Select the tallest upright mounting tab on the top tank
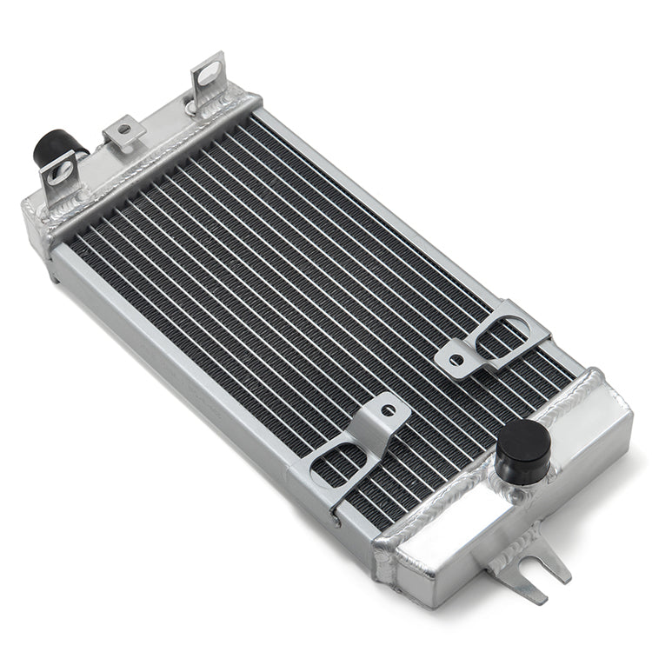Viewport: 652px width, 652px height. click(x=209, y=82)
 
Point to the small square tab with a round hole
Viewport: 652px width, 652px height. click(x=124, y=132)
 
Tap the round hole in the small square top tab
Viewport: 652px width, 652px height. click(x=124, y=130)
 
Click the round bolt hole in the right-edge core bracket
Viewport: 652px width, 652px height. click(x=456, y=353)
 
